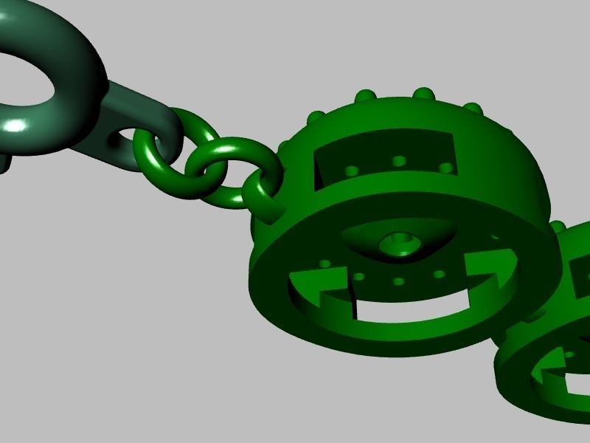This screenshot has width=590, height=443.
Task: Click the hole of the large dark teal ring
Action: [x=22, y=78]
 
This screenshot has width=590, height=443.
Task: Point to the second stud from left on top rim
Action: [x=364, y=96]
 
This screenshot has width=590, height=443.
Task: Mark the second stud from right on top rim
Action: [x=423, y=94]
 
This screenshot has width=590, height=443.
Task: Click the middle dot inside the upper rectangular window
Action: [x=399, y=161]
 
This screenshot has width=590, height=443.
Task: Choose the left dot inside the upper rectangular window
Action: [x=353, y=170]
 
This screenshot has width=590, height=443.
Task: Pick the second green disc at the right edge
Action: [x=553, y=347]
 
